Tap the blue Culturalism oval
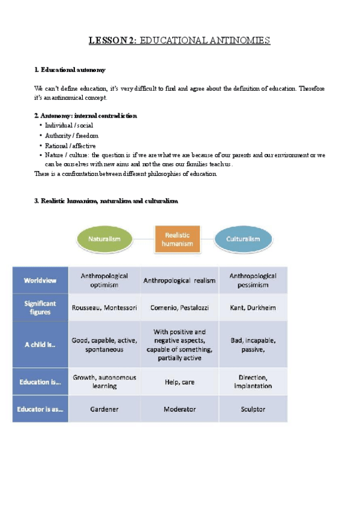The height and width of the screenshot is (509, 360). click(x=242, y=238)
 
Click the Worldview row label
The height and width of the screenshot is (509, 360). click(x=41, y=280)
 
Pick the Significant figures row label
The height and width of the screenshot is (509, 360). click(x=41, y=307)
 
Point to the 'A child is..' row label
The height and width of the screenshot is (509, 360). click(x=41, y=344)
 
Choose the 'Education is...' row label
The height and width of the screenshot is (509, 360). click(x=41, y=381)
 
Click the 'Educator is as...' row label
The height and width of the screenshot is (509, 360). click(x=41, y=409)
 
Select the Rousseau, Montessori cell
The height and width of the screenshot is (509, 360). click(x=104, y=307)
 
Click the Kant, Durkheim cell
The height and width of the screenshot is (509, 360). click(x=253, y=307)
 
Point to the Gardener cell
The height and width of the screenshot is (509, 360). click(x=104, y=409)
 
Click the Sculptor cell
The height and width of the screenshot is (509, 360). click(x=253, y=409)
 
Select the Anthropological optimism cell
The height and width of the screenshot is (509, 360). click(x=104, y=280)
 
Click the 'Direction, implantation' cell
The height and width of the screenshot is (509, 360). click(x=253, y=381)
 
